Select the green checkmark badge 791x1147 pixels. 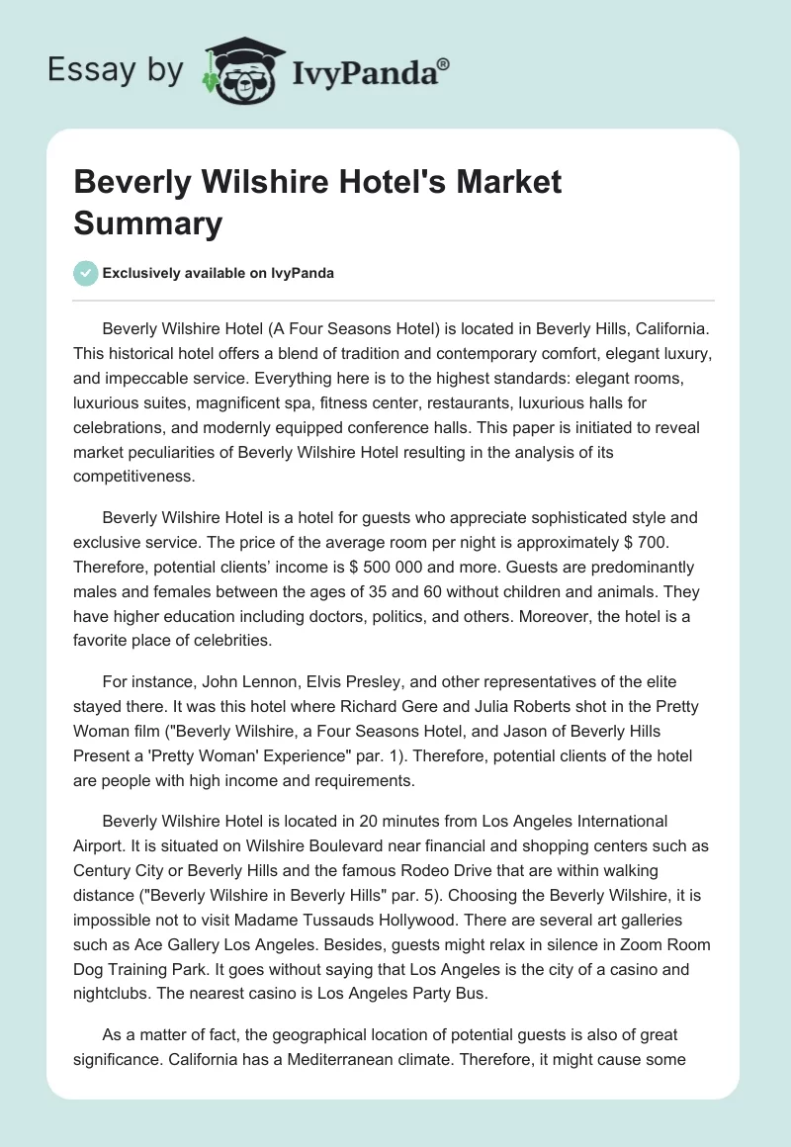point(86,273)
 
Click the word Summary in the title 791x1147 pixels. point(148,223)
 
